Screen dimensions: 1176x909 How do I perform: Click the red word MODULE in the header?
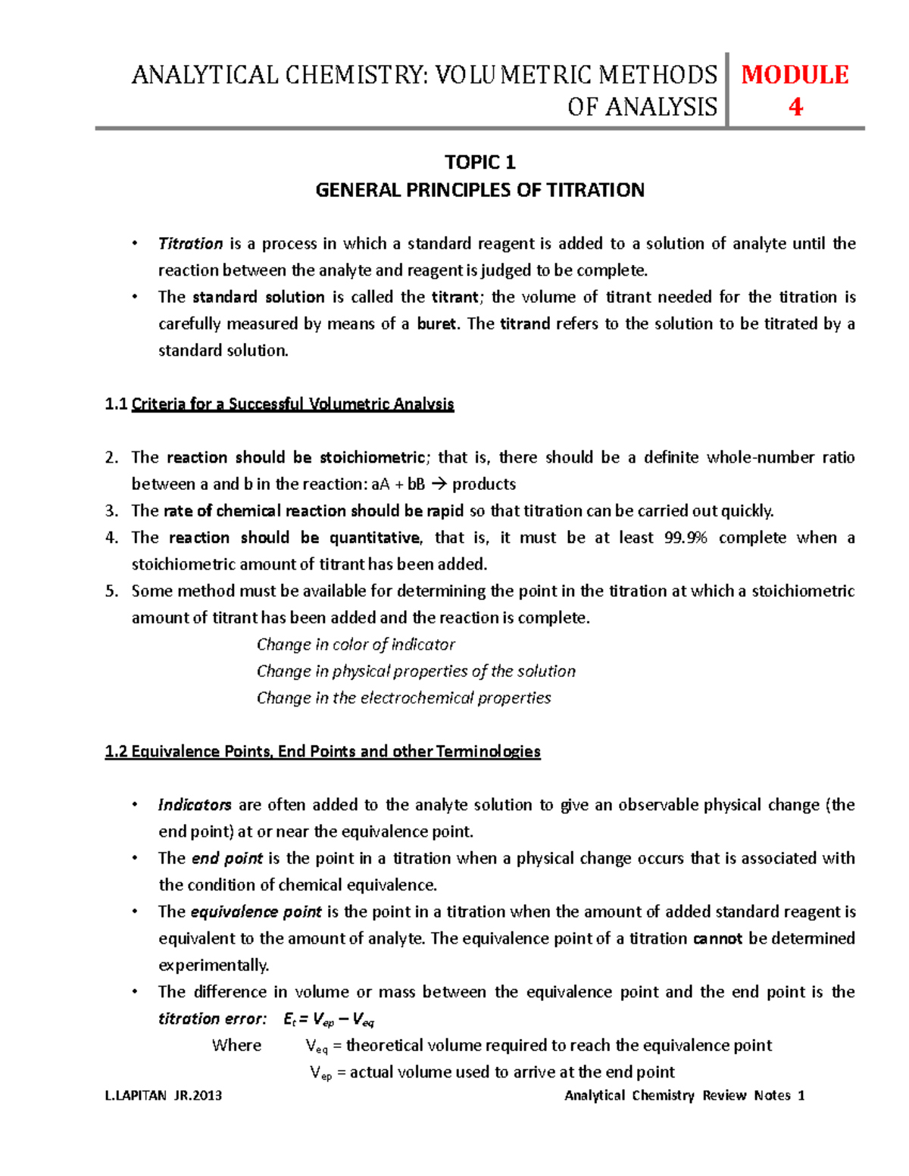(x=795, y=74)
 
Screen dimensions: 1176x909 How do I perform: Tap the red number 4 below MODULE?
(x=795, y=107)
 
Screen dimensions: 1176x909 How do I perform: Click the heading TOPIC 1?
(x=479, y=162)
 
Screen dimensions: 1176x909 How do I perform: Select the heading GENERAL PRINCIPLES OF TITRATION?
(x=479, y=190)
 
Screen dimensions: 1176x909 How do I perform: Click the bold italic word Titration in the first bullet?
(x=190, y=244)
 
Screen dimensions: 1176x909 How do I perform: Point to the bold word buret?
(x=437, y=324)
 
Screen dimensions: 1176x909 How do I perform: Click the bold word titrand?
(x=525, y=324)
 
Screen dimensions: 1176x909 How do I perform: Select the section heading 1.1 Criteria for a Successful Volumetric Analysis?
(x=280, y=404)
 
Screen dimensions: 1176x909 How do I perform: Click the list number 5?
(x=111, y=591)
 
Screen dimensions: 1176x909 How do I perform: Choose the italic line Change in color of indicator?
(x=355, y=644)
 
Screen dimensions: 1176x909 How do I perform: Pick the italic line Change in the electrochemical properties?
(x=404, y=698)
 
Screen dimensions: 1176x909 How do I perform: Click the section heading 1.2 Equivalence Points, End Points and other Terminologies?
(x=323, y=752)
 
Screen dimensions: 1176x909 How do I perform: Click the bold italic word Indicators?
(x=195, y=805)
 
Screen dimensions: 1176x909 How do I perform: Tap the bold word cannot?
(x=718, y=939)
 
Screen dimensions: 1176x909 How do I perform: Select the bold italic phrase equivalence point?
(x=256, y=912)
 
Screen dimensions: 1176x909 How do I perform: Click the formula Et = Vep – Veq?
(x=329, y=1019)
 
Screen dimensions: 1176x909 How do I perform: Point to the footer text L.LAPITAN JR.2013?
(x=164, y=1096)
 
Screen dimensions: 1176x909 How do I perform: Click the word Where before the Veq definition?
(x=236, y=1046)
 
